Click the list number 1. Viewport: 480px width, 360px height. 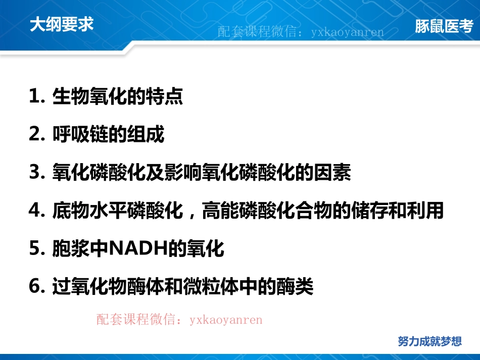point(37,96)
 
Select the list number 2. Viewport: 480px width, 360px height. point(37,135)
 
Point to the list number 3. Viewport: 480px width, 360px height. point(37,173)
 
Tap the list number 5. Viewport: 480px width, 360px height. point(37,249)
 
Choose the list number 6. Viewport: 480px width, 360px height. point(37,287)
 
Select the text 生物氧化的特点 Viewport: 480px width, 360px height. point(118,96)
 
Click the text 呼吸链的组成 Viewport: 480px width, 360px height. point(109,135)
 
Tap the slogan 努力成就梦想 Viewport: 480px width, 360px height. point(429,341)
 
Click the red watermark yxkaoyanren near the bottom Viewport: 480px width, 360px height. point(226,320)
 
